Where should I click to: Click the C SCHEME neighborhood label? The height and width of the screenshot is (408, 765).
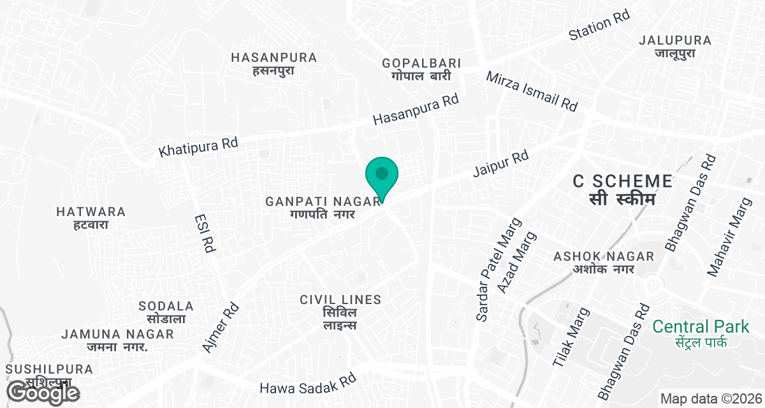tap(622, 189)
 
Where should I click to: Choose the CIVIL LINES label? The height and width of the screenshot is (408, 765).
tap(340, 312)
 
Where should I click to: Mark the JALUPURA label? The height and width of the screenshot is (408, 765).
tap(674, 47)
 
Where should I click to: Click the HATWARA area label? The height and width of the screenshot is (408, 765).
tap(91, 217)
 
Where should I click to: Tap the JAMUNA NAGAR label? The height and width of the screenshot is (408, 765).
tap(117, 340)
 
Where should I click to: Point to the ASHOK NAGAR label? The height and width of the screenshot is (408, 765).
tap(604, 262)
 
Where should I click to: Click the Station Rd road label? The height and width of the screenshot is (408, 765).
tap(599, 26)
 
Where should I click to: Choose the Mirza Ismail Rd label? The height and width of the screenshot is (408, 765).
tap(532, 92)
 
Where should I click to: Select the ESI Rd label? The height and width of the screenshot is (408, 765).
tap(203, 234)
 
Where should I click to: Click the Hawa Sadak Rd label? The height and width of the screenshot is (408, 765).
tap(307, 383)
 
